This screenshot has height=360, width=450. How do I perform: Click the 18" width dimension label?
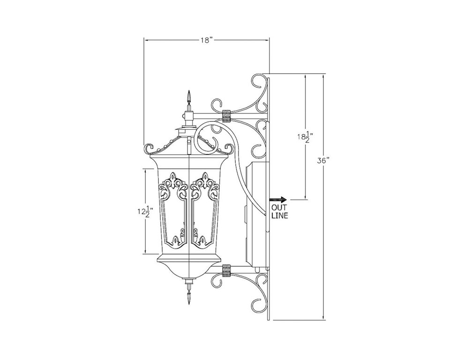206,40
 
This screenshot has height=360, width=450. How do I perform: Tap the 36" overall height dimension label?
323,161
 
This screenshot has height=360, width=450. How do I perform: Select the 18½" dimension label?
305,137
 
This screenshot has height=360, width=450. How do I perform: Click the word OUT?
278,208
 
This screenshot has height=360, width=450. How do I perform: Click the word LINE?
279,216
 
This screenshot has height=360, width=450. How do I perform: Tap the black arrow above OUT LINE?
278,199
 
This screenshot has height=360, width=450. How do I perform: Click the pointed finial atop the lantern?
188,100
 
